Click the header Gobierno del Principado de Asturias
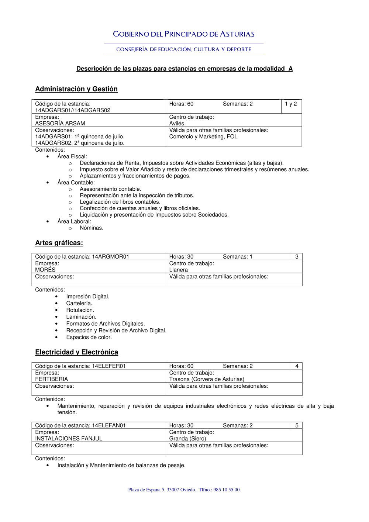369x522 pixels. click(x=184, y=34)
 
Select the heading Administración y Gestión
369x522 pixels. click(x=76, y=89)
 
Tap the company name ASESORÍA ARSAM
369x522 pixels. click(x=60, y=124)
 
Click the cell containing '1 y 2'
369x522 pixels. click(x=291, y=104)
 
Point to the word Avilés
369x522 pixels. click(x=177, y=124)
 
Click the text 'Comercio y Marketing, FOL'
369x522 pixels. click(x=203, y=136)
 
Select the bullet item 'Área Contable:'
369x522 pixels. click(x=76, y=183)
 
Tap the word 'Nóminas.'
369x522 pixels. click(x=92, y=228)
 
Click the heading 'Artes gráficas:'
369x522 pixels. click(x=59, y=243)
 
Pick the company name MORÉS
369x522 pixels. click(x=45, y=270)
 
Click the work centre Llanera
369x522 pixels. click(x=179, y=270)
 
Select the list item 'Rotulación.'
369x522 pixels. click(x=80, y=310)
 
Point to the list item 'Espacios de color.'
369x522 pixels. click(x=89, y=337)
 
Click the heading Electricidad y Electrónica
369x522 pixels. click(x=76, y=352)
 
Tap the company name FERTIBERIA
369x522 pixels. click(x=52, y=379)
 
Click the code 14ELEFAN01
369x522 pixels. click(x=109, y=426)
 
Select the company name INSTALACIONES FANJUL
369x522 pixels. click(x=69, y=439)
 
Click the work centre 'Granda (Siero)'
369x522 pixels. click(x=188, y=439)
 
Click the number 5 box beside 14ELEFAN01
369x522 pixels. click(x=297, y=425)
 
